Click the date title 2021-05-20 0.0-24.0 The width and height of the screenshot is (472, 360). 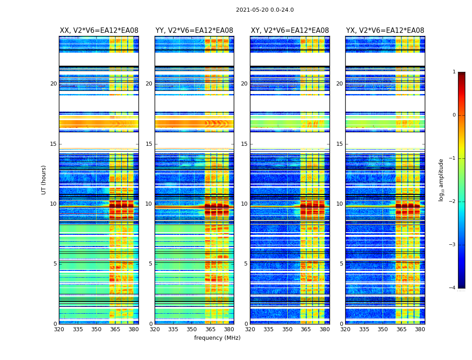[265, 10]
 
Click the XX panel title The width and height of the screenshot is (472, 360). [99, 31]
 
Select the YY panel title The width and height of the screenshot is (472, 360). [194, 31]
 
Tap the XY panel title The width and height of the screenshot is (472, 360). [289, 31]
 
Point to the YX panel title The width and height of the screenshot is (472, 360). [385, 31]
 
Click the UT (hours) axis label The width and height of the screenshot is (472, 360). [44, 180]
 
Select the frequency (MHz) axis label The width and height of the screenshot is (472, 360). [217, 338]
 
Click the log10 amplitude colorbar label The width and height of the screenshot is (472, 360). [441, 180]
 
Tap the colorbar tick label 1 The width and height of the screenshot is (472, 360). [454, 72]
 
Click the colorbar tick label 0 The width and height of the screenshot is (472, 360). [454, 115]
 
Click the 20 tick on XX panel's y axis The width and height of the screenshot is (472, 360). [53, 84]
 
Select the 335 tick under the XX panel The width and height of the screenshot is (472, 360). [77, 329]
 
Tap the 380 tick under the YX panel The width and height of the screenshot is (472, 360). [420, 329]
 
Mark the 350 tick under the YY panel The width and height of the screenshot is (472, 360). [192, 329]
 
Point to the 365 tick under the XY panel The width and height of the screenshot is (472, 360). [306, 329]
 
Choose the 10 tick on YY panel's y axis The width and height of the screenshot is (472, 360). [149, 204]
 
